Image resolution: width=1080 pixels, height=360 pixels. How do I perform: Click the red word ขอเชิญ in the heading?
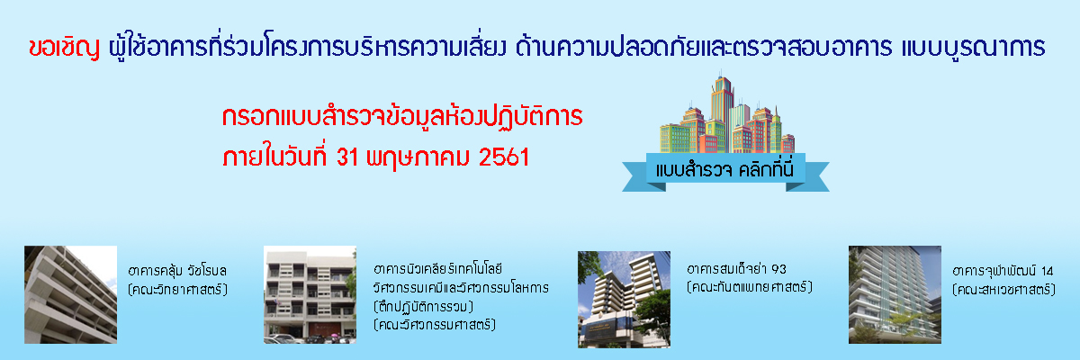(64, 47)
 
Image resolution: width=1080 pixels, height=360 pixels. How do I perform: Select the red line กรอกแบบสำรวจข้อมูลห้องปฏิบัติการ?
(402, 116)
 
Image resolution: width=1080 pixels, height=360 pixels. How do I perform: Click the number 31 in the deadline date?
(347, 157)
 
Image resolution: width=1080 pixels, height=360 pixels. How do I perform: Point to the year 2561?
(504, 157)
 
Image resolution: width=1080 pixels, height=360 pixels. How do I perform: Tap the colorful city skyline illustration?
(727, 113)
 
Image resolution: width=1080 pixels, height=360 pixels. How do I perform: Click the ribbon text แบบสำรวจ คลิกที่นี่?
(724, 170)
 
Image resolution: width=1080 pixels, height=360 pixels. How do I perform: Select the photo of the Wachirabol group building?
(70, 294)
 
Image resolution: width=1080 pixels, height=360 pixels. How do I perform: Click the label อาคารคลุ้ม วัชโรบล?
(177, 270)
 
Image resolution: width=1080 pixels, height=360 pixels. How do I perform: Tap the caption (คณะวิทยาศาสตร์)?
(177, 289)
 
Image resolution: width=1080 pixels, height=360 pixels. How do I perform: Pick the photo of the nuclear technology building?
(310, 294)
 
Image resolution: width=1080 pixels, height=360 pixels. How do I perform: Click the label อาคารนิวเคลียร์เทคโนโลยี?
(438, 268)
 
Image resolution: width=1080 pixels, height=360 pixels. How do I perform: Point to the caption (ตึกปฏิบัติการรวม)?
(423, 307)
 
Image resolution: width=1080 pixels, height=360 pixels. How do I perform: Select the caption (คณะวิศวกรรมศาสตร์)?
(435, 325)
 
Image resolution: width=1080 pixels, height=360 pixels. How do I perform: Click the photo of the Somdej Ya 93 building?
(624, 300)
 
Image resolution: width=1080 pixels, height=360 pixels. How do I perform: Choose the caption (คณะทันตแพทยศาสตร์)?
(750, 287)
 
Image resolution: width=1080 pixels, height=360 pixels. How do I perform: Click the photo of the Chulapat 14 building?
(895, 294)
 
